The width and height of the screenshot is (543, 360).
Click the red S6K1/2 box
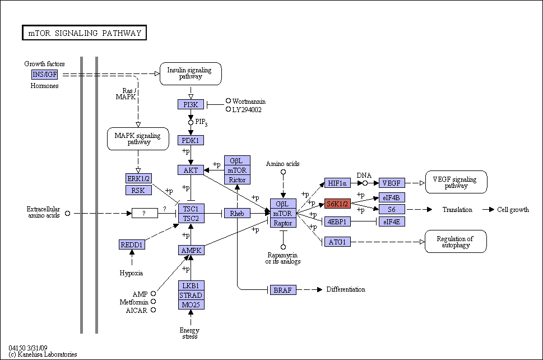tap(338, 204)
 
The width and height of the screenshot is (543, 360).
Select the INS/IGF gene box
tap(45, 75)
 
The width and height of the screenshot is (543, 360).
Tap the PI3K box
tap(191, 104)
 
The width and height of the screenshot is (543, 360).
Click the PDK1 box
tap(191, 140)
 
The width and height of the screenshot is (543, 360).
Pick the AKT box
tap(191, 170)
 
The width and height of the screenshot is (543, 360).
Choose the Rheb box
tap(237, 214)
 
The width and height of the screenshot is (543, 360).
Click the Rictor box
tap(237, 180)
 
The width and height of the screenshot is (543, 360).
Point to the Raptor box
tap(284, 223)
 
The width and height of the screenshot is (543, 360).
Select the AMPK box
tap(192, 250)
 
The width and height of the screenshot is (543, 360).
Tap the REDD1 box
tap(132, 244)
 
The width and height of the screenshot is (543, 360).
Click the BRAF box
tap(284, 290)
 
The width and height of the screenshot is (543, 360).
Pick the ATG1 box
tap(338, 242)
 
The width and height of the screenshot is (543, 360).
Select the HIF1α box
tap(338, 183)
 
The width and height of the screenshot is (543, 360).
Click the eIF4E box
tap(392, 221)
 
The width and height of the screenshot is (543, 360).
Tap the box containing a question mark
tap(145, 214)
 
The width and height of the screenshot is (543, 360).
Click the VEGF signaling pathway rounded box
tap(456, 182)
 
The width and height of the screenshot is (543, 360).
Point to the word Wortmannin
tap(249, 101)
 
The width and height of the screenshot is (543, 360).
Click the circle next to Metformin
tap(153, 302)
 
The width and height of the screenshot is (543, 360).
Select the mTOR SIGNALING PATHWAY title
tap(85, 33)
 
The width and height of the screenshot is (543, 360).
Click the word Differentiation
tap(346, 289)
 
